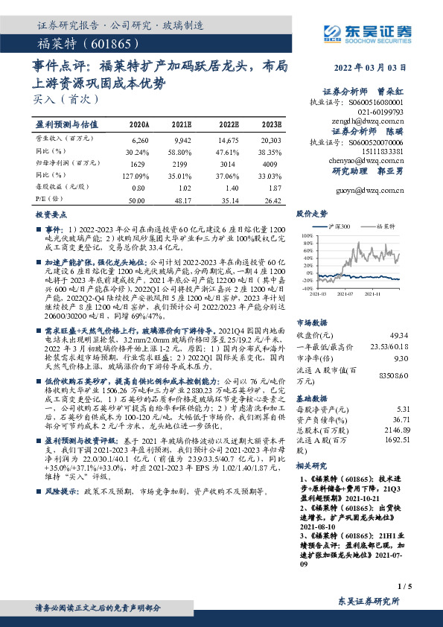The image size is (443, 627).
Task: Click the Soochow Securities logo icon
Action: pyautogui.click(x=331, y=31)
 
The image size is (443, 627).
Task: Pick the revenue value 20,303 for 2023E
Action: pyautogui.click(x=271, y=139)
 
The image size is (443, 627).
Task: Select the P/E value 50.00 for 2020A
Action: pyautogui.click(x=138, y=200)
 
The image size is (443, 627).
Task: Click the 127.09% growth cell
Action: pyautogui.click(x=139, y=176)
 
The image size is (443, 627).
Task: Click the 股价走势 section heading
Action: pyautogui.click(x=312, y=213)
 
